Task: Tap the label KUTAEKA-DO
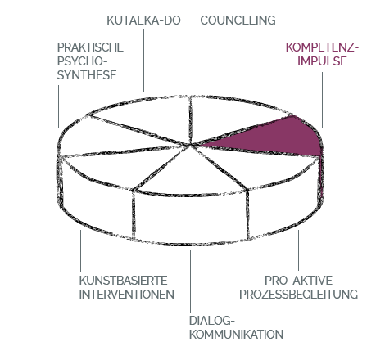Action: pyautogui.click(x=143, y=20)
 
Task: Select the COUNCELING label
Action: pyautogui.click(x=238, y=20)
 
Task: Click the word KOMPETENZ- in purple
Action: pyautogui.click(x=322, y=47)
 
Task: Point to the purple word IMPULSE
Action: pyautogui.click(x=322, y=61)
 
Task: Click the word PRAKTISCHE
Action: pyautogui.click(x=90, y=47)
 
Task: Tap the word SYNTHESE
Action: pyautogui.click(x=87, y=75)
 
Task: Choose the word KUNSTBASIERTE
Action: pyautogui.click(x=123, y=281)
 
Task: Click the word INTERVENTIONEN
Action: pyautogui.click(x=127, y=295)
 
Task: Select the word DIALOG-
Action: pyautogui.click(x=212, y=321)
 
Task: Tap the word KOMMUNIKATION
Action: pyautogui.click(x=236, y=335)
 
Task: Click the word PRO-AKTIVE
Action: pyautogui.click(x=299, y=281)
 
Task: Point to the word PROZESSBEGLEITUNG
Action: pyautogui.click(x=299, y=295)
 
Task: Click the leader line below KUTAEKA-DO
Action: pyautogui.click(x=144, y=61)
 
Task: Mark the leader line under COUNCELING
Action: pyautogui.click(x=238, y=61)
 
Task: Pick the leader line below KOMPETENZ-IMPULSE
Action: pyautogui.click(x=322, y=100)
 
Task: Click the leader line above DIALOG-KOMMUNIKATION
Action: pyautogui.click(x=191, y=281)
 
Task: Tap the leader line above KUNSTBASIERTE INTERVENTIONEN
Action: pyautogui.click(x=80, y=250)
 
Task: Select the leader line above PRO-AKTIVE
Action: pyautogui.click(x=298, y=250)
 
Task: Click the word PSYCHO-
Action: pyautogui.click(x=82, y=61)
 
